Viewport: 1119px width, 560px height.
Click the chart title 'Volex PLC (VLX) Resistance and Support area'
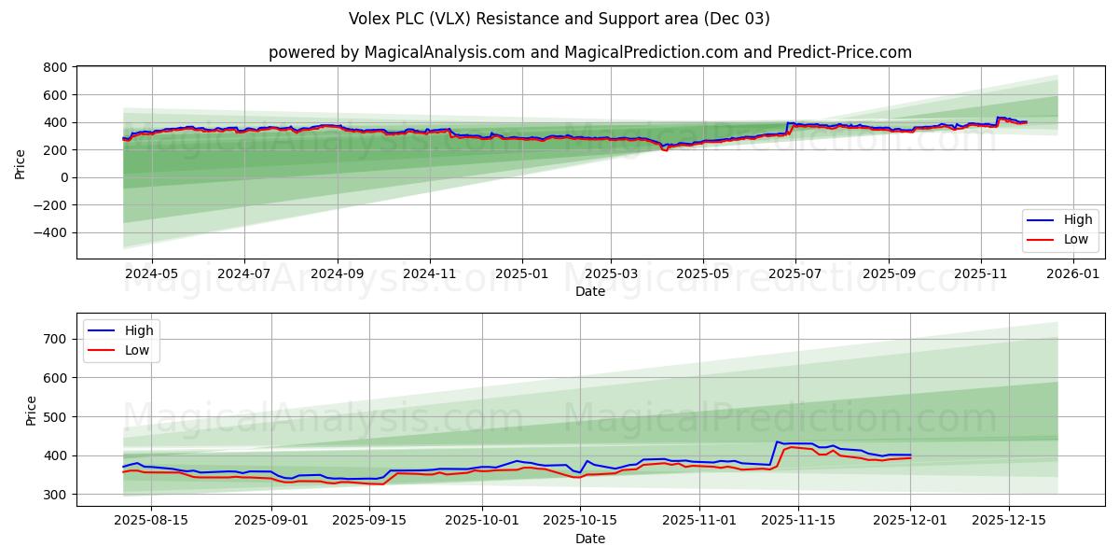[x=559, y=19]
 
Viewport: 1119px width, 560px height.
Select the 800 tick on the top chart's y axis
[x=55, y=67]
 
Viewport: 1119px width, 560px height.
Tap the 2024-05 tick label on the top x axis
[x=151, y=273]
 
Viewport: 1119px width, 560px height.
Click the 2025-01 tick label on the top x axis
[x=520, y=273]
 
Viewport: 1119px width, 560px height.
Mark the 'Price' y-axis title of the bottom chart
[x=32, y=410]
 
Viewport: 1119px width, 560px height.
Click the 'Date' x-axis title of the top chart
[x=589, y=291]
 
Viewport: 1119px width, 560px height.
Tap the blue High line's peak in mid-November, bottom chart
[x=777, y=441]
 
